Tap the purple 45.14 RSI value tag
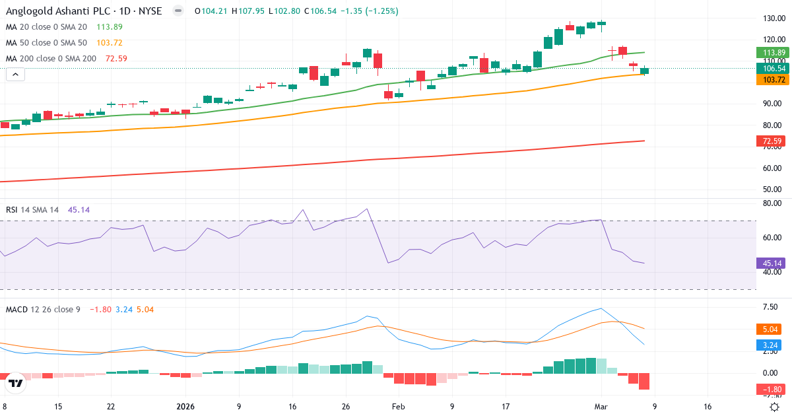click(x=768, y=263)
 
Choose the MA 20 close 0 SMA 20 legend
click(x=46, y=26)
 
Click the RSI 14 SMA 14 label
click(x=32, y=209)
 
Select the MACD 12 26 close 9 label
click(x=43, y=309)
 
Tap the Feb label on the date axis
click(x=398, y=407)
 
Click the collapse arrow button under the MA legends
click(x=15, y=75)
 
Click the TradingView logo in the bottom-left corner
click(x=16, y=383)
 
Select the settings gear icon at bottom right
click(x=775, y=407)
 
